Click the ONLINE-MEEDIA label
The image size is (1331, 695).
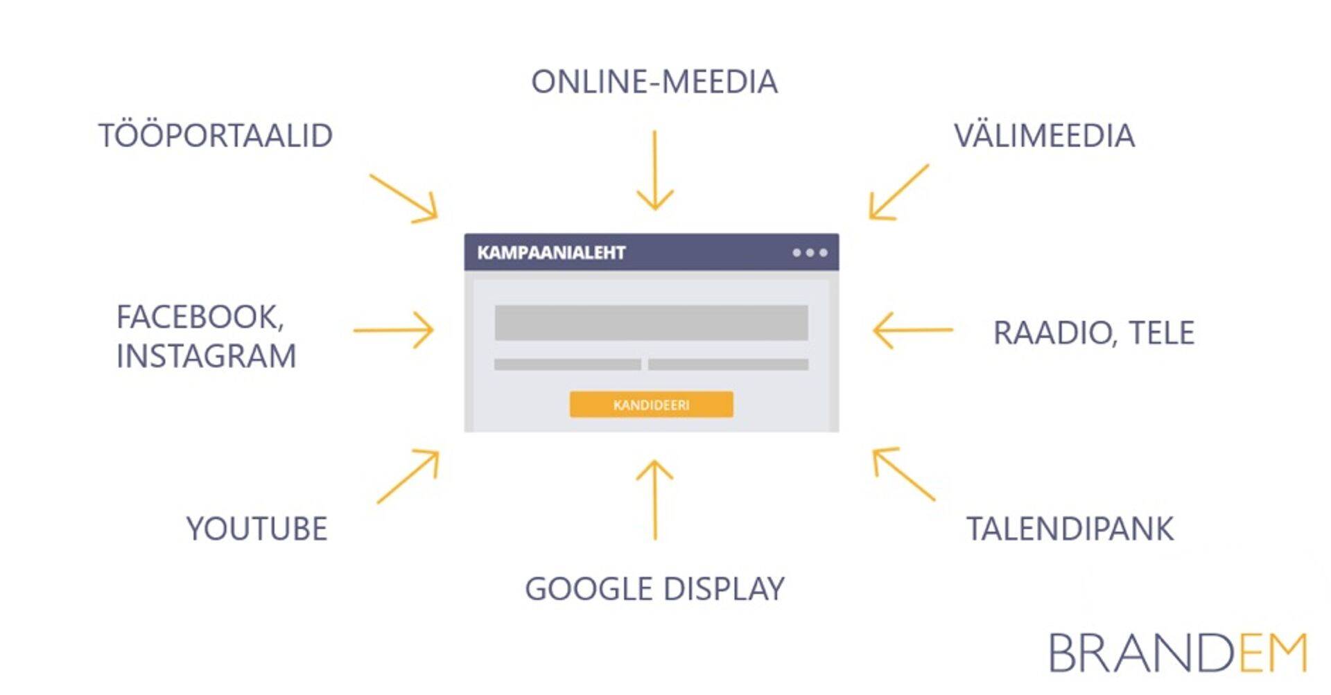tap(654, 82)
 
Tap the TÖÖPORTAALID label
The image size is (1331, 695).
tap(216, 135)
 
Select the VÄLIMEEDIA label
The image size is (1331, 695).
tap(1044, 135)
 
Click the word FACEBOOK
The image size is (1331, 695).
tap(200, 317)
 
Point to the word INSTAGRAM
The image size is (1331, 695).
tap(206, 356)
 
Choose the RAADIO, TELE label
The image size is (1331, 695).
tap(1093, 333)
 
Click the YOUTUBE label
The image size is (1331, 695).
tap(256, 529)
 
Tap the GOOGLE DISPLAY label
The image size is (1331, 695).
tap(654, 589)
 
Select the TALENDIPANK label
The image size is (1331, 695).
tap(1070, 529)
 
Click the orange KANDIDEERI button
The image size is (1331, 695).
tap(651, 405)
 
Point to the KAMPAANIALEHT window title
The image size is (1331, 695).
tap(551, 253)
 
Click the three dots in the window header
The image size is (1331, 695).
tap(810, 253)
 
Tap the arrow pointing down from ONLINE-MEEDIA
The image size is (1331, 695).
tap(654, 170)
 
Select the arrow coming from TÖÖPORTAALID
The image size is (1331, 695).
tap(405, 199)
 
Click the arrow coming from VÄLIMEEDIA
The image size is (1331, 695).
tap(898, 193)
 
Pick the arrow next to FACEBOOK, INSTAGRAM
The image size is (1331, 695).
tap(394, 330)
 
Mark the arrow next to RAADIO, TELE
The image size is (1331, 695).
tap(912, 331)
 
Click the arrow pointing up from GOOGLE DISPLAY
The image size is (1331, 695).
tap(654, 499)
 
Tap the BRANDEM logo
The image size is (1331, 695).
tap(1177, 653)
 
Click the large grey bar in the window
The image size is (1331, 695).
tap(651, 322)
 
